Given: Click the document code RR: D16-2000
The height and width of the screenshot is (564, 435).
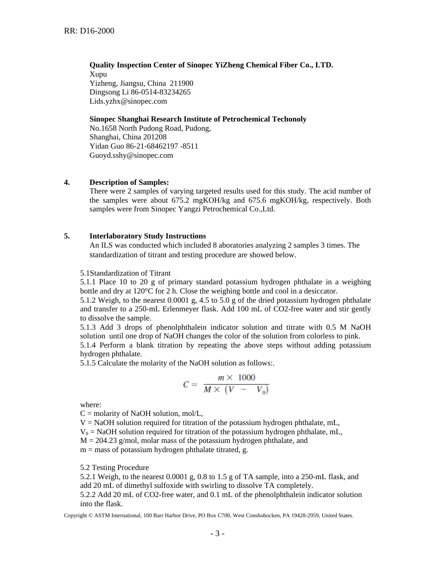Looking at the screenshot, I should (89, 31).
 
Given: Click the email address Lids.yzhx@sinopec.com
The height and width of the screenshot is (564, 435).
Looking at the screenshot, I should (128, 101).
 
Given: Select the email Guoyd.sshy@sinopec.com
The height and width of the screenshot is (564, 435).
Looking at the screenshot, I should (131, 155).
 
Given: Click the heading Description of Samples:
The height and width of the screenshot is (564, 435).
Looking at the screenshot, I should (129, 182).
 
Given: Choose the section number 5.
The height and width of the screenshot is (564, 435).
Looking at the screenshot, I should (67, 236).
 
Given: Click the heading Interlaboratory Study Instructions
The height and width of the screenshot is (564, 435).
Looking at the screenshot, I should (147, 236).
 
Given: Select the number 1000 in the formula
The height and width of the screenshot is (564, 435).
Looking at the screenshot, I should (246, 378).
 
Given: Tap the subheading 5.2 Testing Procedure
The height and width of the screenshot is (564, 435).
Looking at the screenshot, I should (114, 468).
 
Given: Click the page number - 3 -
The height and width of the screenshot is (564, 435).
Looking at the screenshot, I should (217, 533).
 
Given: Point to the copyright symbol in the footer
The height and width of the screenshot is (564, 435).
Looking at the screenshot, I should (90, 515).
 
